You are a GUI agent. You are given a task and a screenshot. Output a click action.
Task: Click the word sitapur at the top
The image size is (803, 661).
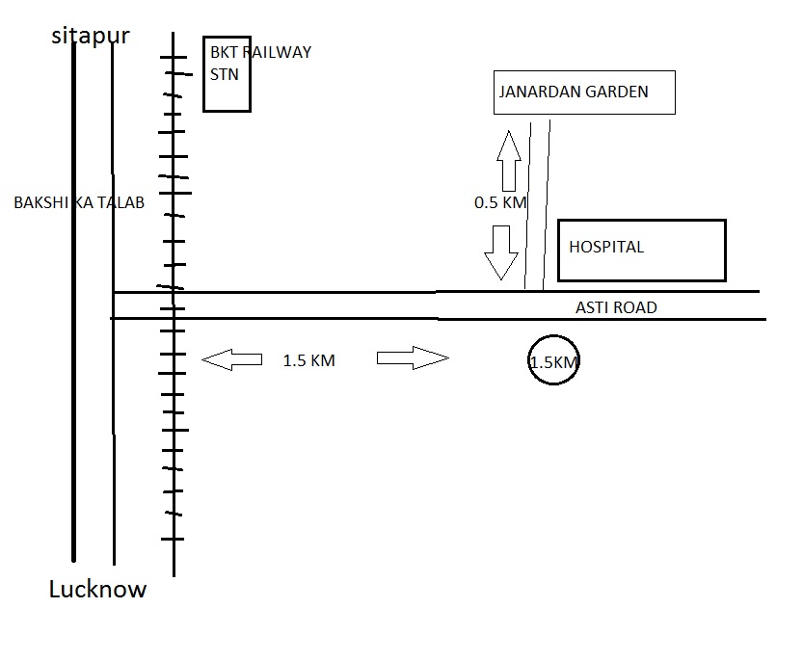coord(92,37)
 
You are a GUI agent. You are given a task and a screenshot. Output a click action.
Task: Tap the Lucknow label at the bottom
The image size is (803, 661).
coord(97,589)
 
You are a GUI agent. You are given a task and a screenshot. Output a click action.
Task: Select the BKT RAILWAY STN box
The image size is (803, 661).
coord(227,75)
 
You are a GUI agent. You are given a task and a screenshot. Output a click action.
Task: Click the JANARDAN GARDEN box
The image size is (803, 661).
coord(583,93)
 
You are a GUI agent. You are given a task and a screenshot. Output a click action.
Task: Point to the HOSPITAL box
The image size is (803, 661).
coord(641,250)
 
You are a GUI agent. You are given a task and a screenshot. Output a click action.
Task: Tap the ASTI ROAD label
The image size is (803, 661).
coord(616,307)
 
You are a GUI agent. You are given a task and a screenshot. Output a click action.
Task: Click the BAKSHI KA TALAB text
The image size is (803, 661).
coord(78,203)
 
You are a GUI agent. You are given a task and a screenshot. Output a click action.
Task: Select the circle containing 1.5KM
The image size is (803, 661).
coord(554,360)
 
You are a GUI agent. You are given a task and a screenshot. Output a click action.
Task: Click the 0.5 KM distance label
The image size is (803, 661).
coord(500,203)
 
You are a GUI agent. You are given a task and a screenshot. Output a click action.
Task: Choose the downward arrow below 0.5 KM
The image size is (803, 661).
coord(501,251)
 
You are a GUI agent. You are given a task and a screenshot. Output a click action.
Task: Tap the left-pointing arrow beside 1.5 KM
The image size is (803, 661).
coord(231,360)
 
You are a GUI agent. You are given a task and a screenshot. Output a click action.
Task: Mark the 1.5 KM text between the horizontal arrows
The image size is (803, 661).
coord(308,361)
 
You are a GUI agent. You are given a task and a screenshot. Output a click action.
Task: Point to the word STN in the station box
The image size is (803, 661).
coord(224,74)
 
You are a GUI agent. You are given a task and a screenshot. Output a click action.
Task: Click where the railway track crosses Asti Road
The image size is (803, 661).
coord(173,304)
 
